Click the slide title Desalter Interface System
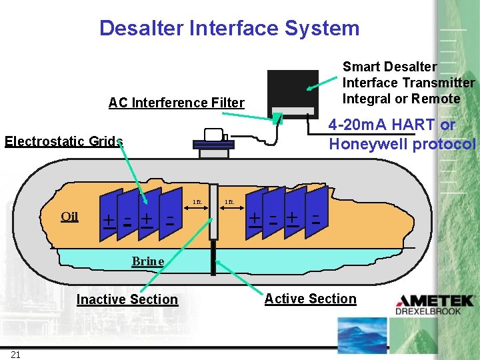pos(229,28)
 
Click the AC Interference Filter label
pos(176,103)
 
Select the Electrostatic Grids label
pos(64,141)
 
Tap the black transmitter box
pos(291,91)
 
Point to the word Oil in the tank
pos(69,216)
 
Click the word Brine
pos(147,261)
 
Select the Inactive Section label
pos(127,299)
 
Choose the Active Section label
pos(310,299)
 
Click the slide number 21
pos(15,354)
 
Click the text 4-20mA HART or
pos(392,125)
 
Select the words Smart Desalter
pos(389,67)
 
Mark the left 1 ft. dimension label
pos(197,201)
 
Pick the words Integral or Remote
pos(401,99)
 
